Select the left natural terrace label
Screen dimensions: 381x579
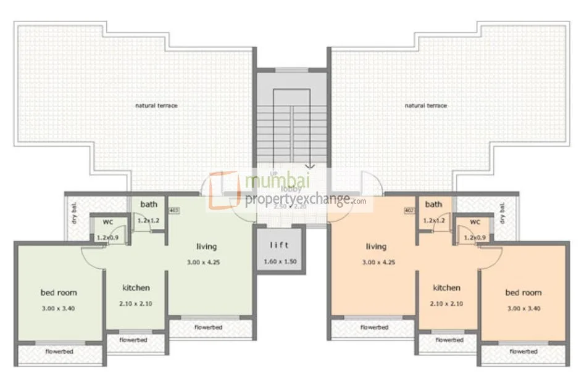156,105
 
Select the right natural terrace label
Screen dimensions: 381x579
425,105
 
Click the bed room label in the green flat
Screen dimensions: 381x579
59,292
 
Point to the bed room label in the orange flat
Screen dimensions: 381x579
523,292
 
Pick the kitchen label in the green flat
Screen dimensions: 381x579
136,287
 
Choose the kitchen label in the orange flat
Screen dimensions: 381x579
446,287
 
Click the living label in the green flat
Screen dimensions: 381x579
206,247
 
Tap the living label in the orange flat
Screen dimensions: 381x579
376,247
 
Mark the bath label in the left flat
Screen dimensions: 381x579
148,205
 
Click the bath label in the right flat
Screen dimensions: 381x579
433,205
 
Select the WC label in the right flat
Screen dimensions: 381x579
475,222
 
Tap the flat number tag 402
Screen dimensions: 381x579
409,210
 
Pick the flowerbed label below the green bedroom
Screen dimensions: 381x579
59,351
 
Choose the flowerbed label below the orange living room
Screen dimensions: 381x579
375,327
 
